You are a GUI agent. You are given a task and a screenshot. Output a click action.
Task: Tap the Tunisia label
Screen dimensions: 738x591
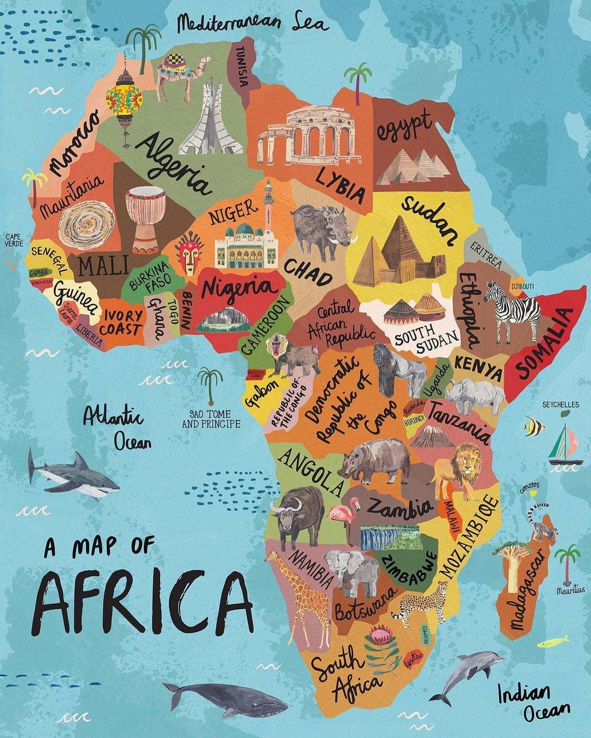241,66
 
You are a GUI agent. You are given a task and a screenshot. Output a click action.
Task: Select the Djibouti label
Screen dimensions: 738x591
522,286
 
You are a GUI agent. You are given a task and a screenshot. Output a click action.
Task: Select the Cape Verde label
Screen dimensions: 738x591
14,240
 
